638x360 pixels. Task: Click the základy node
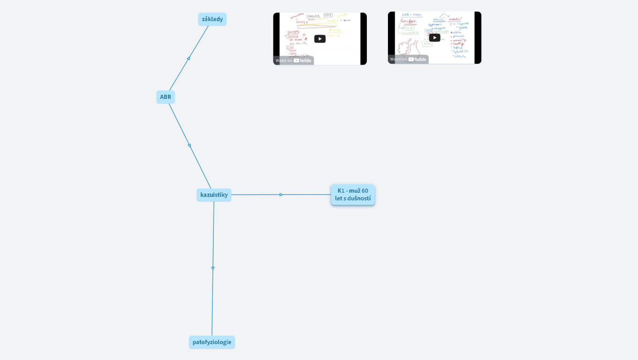(x=212, y=19)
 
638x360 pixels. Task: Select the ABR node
(x=166, y=97)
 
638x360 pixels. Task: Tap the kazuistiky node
(x=214, y=195)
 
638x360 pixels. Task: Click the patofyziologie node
(x=212, y=342)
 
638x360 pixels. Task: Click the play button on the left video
(x=320, y=39)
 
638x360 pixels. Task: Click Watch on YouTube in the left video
(x=294, y=60)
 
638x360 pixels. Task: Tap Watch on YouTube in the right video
(x=408, y=59)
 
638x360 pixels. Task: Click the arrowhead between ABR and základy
(x=189, y=58)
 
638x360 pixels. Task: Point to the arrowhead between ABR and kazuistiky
(x=190, y=146)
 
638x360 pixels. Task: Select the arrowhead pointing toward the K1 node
(x=281, y=195)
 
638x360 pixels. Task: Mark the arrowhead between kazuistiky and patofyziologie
(x=213, y=269)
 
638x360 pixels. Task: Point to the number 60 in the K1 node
(x=365, y=191)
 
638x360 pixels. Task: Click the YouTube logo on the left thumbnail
(x=303, y=60)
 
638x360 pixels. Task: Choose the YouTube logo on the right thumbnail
(x=417, y=59)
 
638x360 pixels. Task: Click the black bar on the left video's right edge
(x=364, y=39)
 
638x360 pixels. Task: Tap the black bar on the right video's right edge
(x=478, y=37)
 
